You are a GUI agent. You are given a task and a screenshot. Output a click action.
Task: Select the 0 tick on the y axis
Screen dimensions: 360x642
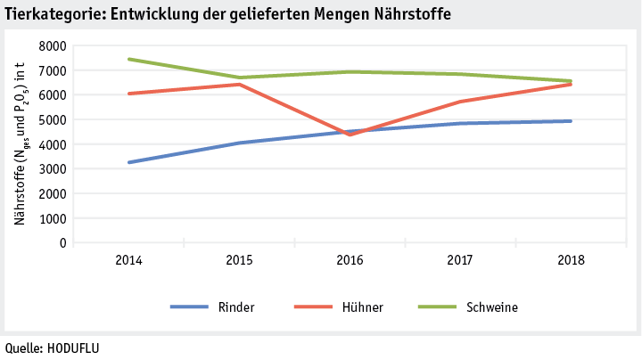(x=62, y=242)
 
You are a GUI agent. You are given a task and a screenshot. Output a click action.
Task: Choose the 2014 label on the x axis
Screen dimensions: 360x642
(x=129, y=260)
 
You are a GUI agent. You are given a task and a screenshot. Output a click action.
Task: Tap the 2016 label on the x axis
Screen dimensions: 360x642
(x=350, y=260)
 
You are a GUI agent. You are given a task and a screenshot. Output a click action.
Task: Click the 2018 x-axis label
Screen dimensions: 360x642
(x=571, y=260)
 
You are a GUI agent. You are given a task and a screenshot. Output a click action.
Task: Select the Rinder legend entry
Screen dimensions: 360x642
(x=235, y=307)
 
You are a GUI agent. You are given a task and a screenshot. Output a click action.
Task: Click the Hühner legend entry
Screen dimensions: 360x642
(x=362, y=307)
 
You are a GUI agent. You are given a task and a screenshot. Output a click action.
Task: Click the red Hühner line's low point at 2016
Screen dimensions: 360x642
(x=350, y=135)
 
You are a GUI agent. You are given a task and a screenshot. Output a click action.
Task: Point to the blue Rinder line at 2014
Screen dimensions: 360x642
(x=129, y=162)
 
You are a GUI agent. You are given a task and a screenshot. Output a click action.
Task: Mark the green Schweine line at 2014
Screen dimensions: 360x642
(x=129, y=59)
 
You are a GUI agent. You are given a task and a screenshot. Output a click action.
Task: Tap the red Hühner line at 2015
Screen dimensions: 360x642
(x=240, y=85)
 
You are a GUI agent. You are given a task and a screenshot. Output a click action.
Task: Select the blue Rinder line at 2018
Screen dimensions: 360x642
(x=571, y=121)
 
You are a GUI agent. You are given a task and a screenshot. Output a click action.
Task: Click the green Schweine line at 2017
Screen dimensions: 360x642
(x=460, y=74)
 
